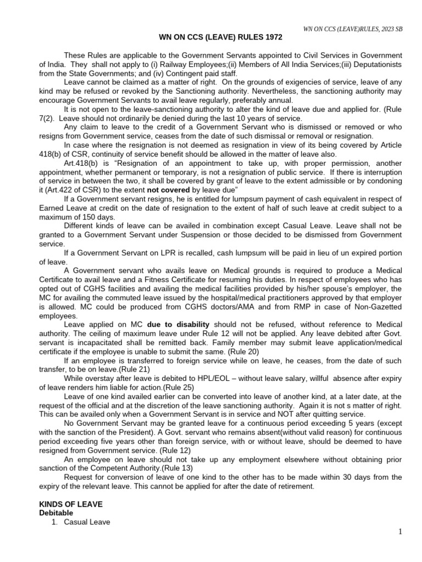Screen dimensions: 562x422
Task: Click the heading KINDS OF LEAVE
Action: point(71,504)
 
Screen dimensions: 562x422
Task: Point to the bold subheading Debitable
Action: point(57,513)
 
